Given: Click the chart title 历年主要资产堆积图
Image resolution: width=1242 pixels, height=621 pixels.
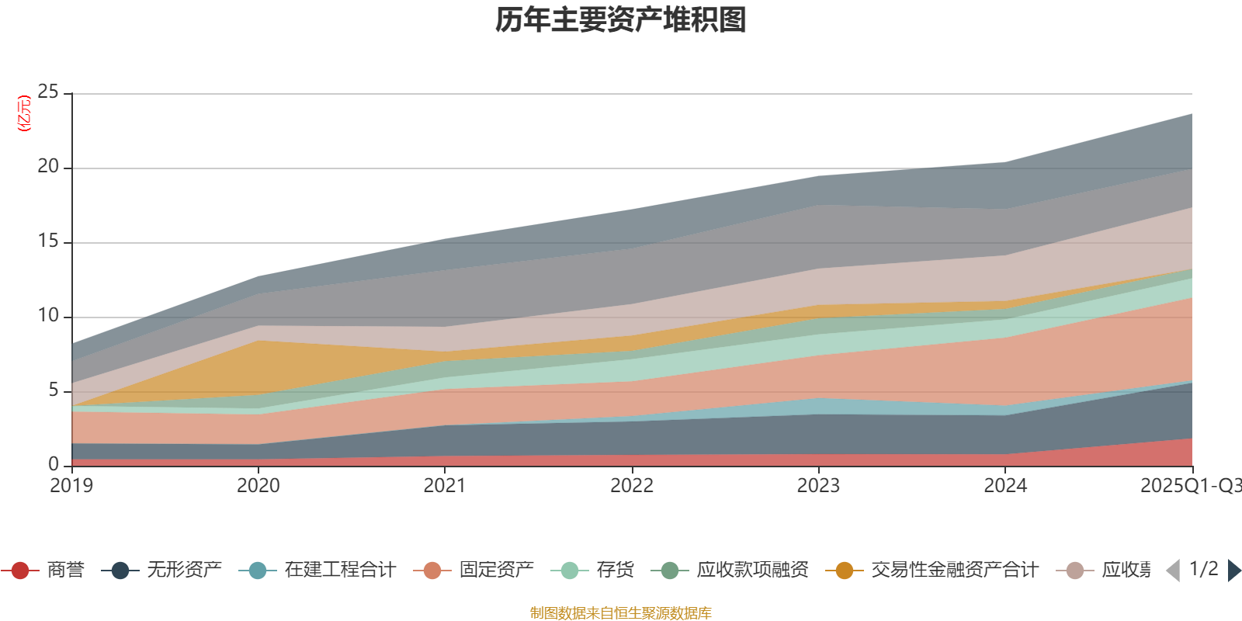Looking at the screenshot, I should click(621, 20).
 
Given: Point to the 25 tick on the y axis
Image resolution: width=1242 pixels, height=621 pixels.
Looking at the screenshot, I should click(48, 92).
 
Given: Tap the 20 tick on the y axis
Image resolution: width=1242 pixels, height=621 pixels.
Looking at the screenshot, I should click(48, 167).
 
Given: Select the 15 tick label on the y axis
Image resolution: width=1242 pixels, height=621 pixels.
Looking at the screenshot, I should click(48, 241).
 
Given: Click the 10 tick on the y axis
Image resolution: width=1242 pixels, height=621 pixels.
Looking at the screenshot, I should click(48, 316).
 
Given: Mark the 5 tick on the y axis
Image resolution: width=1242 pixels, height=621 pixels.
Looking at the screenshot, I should click(53, 390).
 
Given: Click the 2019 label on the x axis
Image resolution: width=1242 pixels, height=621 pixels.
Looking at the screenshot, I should click(71, 486).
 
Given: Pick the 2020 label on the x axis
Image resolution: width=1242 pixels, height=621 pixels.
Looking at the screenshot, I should click(258, 486).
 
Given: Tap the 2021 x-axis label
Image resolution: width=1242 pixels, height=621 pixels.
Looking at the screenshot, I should click(445, 486).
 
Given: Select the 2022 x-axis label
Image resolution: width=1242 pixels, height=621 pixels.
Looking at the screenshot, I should click(632, 486).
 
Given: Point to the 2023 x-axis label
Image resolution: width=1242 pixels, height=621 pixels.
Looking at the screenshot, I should click(818, 486).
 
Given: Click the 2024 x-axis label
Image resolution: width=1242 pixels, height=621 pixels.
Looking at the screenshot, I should click(1005, 486).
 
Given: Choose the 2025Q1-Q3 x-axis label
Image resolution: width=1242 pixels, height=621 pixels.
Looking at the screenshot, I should click(1189, 486).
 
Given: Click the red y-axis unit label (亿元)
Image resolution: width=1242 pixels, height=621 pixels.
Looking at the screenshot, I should click(24, 113).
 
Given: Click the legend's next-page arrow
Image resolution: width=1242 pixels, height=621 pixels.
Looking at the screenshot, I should click(1234, 571).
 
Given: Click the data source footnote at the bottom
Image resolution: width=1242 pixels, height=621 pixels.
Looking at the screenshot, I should click(621, 613).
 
